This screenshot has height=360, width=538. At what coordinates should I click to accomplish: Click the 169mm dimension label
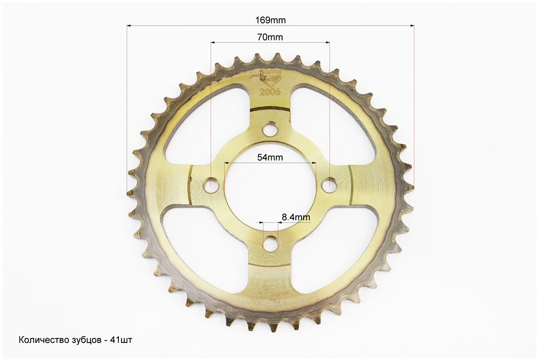pyautogui.click(x=270, y=20)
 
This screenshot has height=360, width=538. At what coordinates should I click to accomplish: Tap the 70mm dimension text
pyautogui.click(x=270, y=37)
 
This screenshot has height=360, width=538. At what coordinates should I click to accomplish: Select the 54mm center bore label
pyautogui.click(x=270, y=157)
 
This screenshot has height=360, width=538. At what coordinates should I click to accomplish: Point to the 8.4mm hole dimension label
pyautogui.click(x=296, y=217)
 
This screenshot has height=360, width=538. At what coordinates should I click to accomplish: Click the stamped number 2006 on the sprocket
pyautogui.click(x=270, y=92)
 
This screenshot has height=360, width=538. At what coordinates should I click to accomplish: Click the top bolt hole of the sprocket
pyautogui.click(x=270, y=129)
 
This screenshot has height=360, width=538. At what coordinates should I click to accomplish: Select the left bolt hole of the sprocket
pyautogui.click(x=212, y=186)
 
